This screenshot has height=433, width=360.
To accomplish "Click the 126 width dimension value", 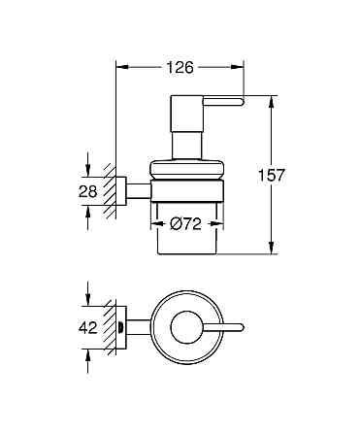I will coord(180,67).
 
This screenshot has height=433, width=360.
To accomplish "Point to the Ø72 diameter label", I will coord(185,225).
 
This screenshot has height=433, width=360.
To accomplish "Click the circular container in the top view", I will coord(184,328).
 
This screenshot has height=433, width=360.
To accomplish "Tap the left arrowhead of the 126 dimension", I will coord(120,67).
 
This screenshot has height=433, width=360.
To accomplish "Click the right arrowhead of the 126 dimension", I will coord(239,67).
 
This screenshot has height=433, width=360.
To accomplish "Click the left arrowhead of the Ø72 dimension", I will coord(152,225).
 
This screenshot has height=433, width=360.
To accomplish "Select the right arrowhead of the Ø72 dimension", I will coord(217,225).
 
